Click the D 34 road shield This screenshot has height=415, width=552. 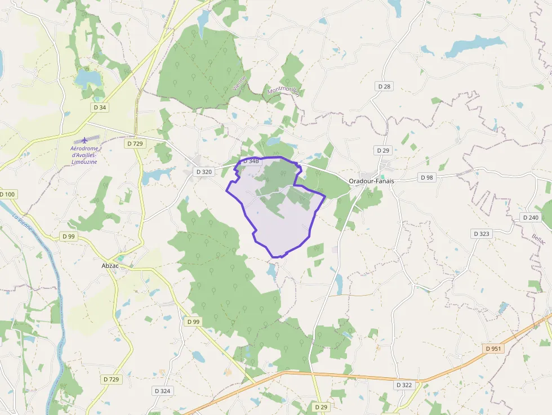click(x=100, y=107)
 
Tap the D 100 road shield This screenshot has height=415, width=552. click(x=8, y=194)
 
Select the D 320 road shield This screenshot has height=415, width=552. click(x=203, y=172)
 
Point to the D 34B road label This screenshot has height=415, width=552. click(x=251, y=162)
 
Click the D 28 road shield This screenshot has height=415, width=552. click(x=384, y=86)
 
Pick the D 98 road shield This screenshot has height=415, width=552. click(x=427, y=177)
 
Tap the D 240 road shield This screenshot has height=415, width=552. click(x=531, y=217)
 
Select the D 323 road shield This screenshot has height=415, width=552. click(x=482, y=233)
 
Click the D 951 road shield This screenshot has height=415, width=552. click(x=493, y=349)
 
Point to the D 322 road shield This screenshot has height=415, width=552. click(x=404, y=385)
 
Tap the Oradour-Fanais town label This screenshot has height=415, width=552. click(x=371, y=181)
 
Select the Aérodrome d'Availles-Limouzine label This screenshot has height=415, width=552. click(x=84, y=155)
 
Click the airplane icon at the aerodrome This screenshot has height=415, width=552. click(x=84, y=140)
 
